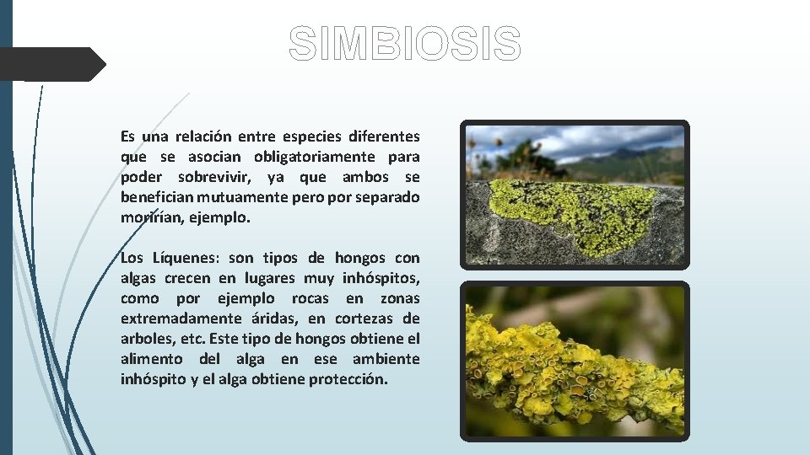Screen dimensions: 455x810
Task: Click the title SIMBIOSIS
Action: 405,44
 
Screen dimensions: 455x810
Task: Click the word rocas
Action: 310,298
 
